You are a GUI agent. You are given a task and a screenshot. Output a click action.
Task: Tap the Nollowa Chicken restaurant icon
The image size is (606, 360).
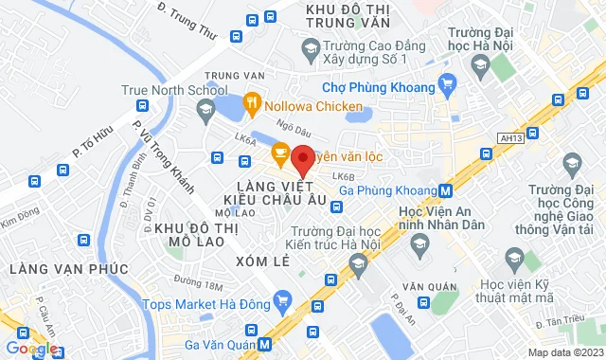[x=252, y=100]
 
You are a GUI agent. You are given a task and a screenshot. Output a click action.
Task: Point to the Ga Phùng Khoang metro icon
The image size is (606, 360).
[x=444, y=189]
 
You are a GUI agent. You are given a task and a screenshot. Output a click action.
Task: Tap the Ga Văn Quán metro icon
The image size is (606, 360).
[x=265, y=344]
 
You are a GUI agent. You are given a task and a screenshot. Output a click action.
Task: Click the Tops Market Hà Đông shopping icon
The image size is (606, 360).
[x=281, y=303]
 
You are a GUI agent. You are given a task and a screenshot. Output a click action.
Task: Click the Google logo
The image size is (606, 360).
[x=30, y=348]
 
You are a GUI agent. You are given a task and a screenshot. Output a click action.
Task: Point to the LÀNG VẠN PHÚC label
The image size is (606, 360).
[x=68, y=269]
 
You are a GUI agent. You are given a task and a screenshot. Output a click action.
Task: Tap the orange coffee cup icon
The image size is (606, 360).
[x=280, y=151]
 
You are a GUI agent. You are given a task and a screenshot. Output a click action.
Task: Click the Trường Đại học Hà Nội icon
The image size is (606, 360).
[x=479, y=64]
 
